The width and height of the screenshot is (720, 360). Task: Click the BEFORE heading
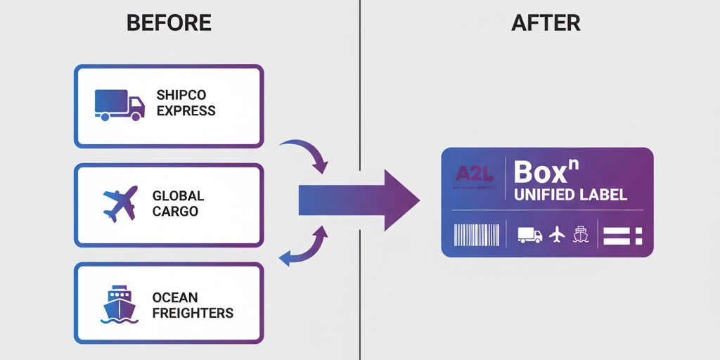[169, 22]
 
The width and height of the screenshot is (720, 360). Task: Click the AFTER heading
[546, 22]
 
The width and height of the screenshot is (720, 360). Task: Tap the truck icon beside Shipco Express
[119, 104]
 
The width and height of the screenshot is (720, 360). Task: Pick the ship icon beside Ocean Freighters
[118, 304]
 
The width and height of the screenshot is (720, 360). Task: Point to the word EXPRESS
[186, 110]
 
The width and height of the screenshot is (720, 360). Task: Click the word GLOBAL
[178, 196]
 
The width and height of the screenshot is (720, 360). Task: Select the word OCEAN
[175, 297]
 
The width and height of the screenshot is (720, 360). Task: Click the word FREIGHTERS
[193, 312]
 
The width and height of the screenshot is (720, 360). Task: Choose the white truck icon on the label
[529, 235]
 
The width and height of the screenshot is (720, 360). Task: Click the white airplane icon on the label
[558, 234]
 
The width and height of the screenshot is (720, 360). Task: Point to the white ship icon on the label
[581, 234]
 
